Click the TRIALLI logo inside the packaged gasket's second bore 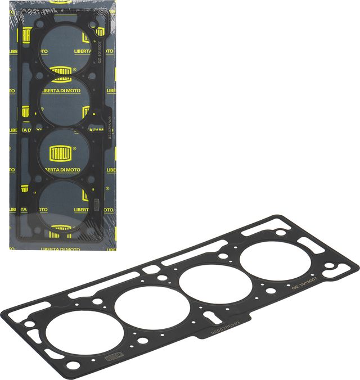pos(62,71)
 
